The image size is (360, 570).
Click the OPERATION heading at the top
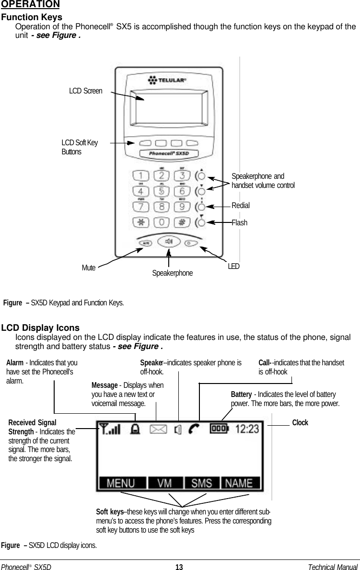[x=30, y=5]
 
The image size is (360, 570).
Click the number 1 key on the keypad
[x=141, y=175]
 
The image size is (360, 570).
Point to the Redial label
[x=241, y=206]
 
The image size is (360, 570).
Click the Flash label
[x=240, y=222]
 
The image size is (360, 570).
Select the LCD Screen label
[x=86, y=91]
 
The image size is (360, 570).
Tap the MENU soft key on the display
[x=120, y=483]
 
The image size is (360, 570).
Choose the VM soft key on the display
[x=165, y=483]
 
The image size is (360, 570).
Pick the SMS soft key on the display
[x=202, y=483]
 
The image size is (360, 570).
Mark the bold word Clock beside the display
[x=300, y=423]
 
